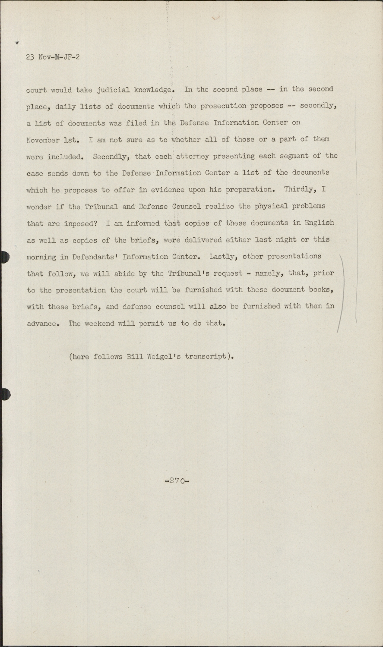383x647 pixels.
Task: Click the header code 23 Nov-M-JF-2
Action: tap(53, 57)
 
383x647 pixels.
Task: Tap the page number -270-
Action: tap(177, 481)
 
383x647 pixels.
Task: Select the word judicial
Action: tap(113, 90)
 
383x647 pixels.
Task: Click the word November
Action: tap(43, 140)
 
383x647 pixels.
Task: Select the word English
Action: tap(319, 223)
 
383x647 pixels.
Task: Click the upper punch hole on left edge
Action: tap(4, 257)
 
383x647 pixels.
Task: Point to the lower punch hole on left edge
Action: tap(4, 394)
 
